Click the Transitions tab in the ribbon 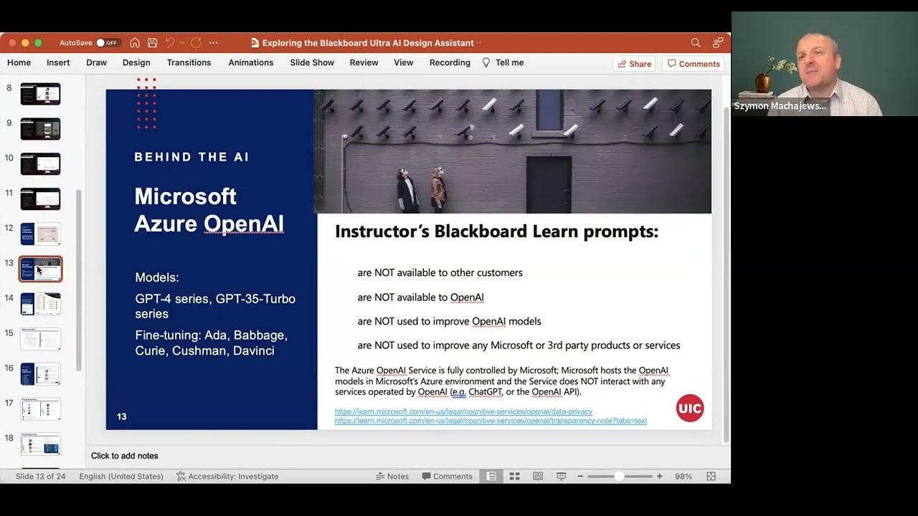(189, 62)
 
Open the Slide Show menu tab (312, 62)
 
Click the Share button (634, 64)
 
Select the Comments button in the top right (693, 64)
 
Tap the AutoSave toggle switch (106, 43)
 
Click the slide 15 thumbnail (40, 338)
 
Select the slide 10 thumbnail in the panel (40, 163)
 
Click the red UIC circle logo (689, 408)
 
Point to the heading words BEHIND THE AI (191, 157)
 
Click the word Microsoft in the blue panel (185, 196)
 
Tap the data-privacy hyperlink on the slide (463, 411)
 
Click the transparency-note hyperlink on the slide (491, 421)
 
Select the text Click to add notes (125, 456)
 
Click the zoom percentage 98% (683, 476)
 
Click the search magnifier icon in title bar (695, 43)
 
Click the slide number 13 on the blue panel (122, 416)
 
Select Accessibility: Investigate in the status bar (227, 476)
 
